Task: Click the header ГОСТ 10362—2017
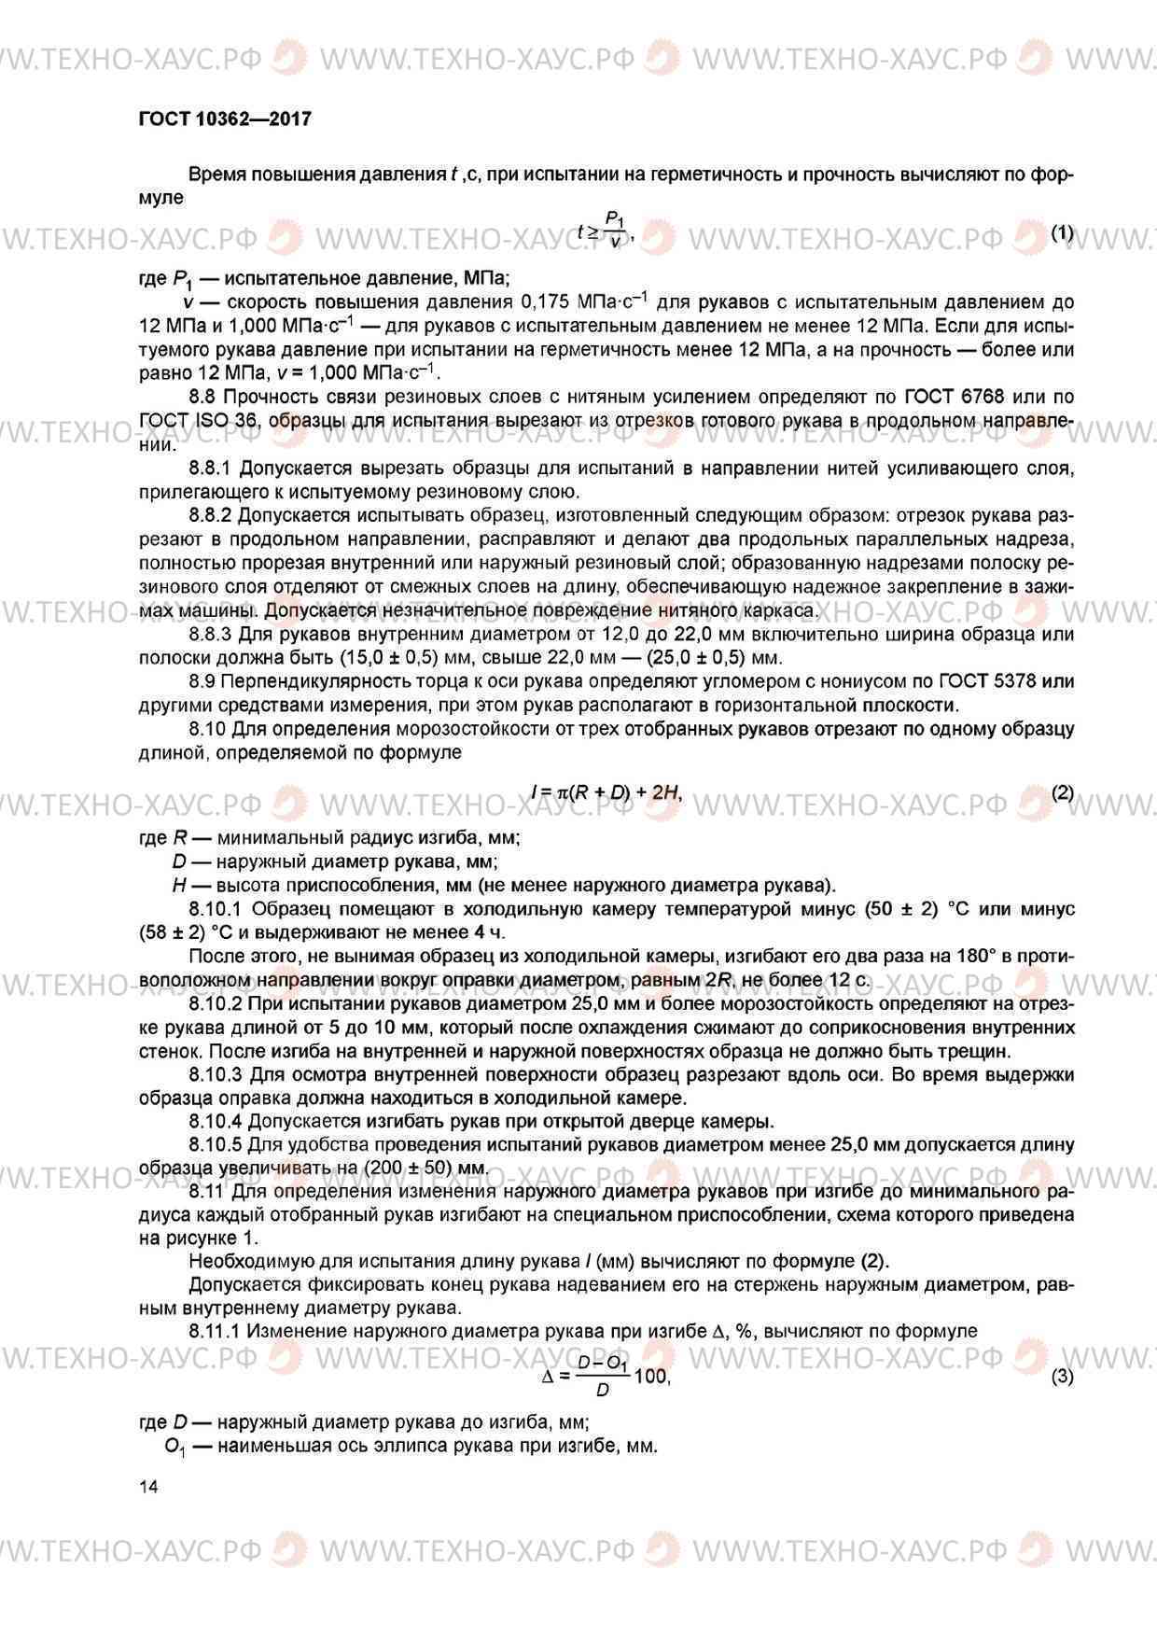coord(224,119)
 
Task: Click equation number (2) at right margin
coord(1062,793)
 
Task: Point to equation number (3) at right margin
coord(1062,1376)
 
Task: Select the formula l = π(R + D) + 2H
coord(606,793)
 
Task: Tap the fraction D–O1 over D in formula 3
coord(603,1376)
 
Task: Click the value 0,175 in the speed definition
coord(543,302)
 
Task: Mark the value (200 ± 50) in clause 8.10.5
coord(409,1169)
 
